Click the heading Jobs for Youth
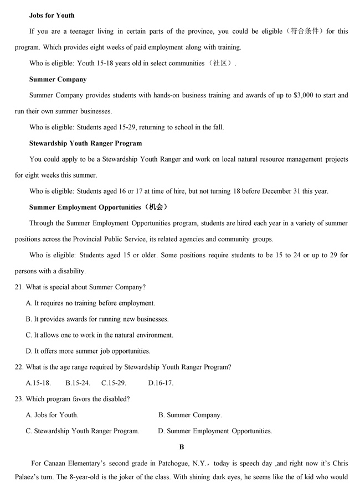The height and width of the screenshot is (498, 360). pos(52,15)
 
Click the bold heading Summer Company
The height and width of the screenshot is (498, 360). pos(58,80)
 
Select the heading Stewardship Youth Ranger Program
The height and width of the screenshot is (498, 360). pos(85,143)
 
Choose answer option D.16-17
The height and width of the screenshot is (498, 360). pos(161,383)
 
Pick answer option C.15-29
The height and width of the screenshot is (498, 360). pos(114,383)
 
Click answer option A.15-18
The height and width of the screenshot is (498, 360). pos(38,383)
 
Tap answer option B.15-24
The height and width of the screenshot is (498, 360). pos(78,383)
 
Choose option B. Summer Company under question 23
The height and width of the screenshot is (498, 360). pos(190,415)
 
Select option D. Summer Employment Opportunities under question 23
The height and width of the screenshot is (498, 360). pos(215,431)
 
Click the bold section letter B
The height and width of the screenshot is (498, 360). pos(182,447)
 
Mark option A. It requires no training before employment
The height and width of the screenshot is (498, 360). pos(90,303)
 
